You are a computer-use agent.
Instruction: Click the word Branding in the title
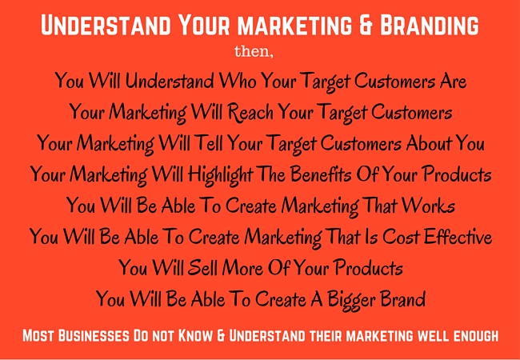tap(430, 26)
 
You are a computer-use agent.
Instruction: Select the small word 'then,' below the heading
tap(254, 52)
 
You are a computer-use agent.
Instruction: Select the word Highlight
tap(220, 174)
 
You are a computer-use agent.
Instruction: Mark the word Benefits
tap(320, 174)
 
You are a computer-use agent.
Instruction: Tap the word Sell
tap(202, 267)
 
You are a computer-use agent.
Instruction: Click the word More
tap(242, 267)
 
